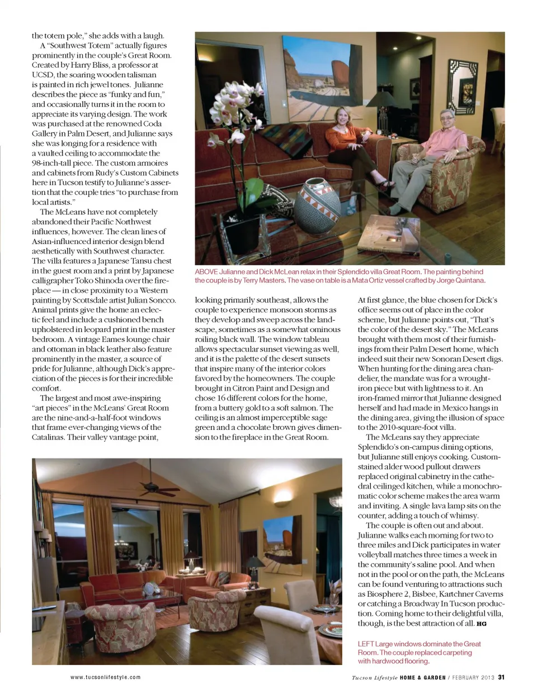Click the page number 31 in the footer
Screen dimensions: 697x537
[x=501, y=677]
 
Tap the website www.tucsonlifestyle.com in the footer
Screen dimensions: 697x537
[x=105, y=677]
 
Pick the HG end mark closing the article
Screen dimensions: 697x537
[x=482, y=624]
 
